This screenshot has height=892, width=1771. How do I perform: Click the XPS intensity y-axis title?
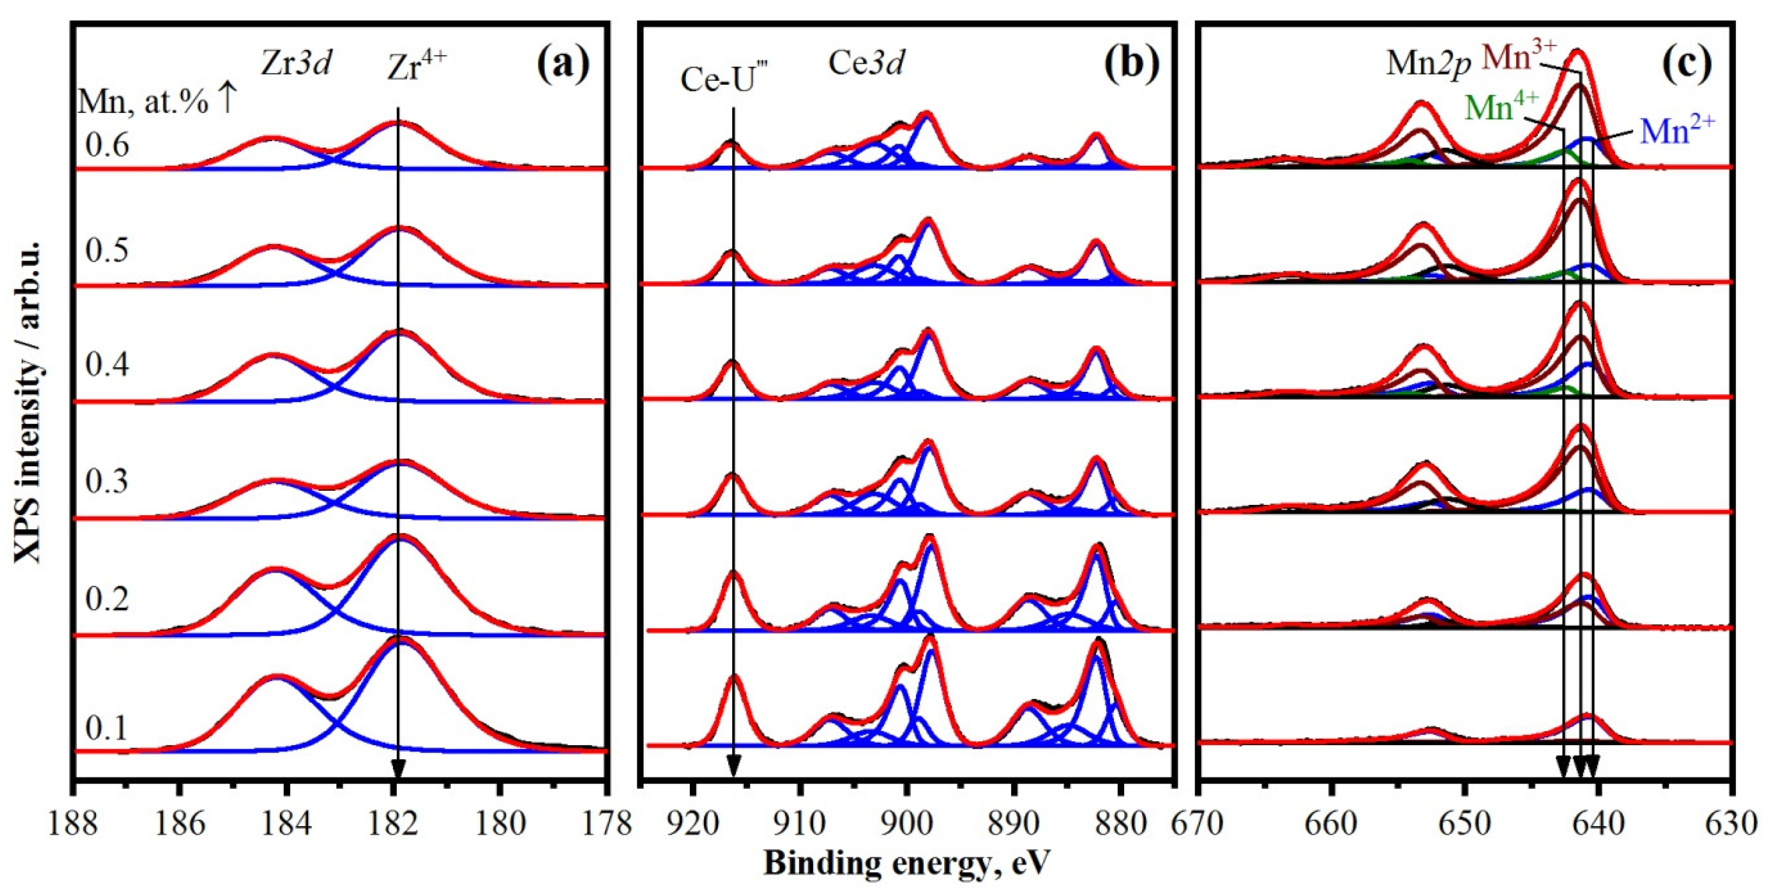pyautogui.click(x=27, y=402)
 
